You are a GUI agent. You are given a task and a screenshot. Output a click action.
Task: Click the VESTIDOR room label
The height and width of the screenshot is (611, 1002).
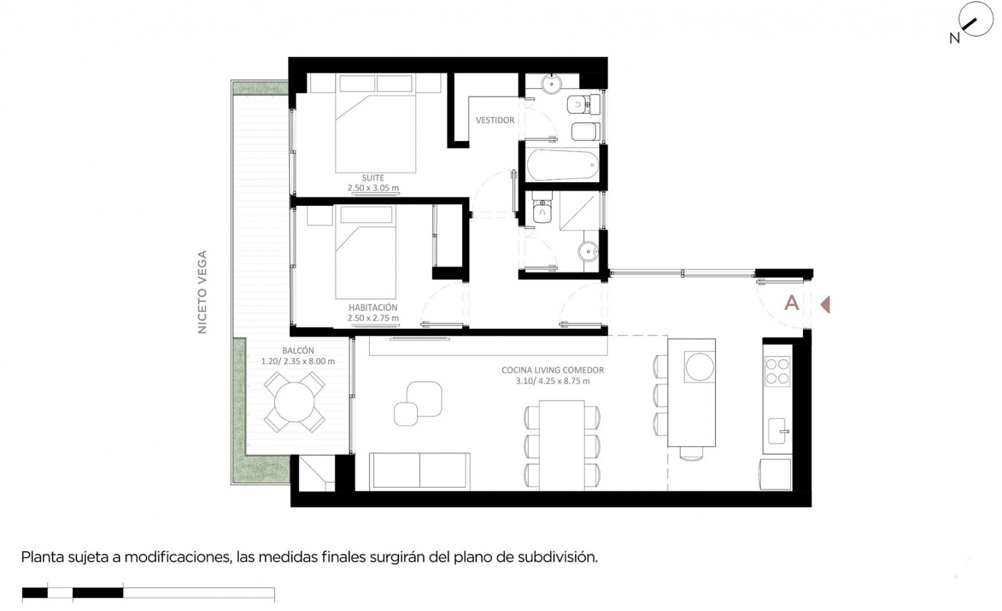tap(495, 120)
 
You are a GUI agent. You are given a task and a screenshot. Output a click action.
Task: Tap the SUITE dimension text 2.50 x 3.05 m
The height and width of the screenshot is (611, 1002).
tap(373, 188)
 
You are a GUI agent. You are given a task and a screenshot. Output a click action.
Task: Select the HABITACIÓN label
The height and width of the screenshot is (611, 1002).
tap(373, 308)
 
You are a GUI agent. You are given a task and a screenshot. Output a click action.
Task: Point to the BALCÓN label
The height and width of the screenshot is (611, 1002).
tap(298, 351)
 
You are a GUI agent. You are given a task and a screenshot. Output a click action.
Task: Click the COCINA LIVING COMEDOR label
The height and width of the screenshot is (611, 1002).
tap(552, 371)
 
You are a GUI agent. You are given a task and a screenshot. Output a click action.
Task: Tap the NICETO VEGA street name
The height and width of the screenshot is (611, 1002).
tap(202, 292)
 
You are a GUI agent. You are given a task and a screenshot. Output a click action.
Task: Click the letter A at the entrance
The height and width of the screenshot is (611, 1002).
tap(792, 303)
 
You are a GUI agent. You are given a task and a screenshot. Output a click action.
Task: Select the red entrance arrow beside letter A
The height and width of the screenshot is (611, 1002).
tap(825, 305)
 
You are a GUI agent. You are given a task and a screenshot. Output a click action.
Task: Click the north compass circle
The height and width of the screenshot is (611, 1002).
tap(976, 19)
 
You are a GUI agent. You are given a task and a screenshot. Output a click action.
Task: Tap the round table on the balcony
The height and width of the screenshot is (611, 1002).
tap(294, 402)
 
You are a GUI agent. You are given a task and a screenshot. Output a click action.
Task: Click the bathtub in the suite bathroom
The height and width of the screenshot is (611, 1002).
tap(563, 165)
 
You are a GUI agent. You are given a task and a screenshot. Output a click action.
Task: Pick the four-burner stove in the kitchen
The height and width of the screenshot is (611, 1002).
tap(777, 371)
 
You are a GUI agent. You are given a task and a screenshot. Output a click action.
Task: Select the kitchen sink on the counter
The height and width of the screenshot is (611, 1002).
tap(777, 431)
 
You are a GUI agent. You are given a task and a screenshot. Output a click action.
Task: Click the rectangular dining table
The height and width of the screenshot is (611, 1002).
tap(562, 446)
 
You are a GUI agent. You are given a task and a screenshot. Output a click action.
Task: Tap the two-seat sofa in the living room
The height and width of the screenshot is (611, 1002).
tap(420, 472)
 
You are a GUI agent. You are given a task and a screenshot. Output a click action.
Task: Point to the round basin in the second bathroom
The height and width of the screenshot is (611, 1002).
tap(588, 252)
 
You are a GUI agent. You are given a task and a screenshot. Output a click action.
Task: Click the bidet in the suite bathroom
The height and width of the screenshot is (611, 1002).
tap(585, 131)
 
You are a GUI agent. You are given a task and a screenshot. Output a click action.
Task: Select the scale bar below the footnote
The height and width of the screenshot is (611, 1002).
tap(148, 593)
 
